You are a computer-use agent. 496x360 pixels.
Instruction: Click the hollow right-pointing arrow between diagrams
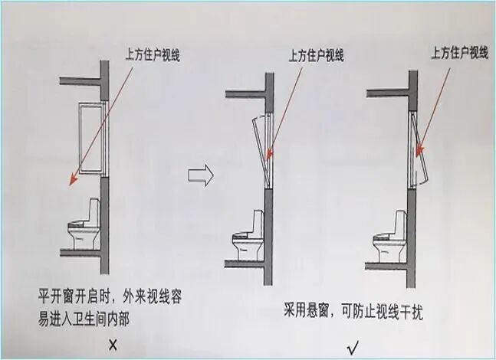tap(199, 175)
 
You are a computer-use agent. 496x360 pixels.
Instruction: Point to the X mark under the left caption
tap(113, 345)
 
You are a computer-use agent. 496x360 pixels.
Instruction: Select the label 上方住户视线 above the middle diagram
tap(315, 55)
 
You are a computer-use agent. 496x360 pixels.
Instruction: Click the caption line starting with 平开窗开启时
tap(111, 295)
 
